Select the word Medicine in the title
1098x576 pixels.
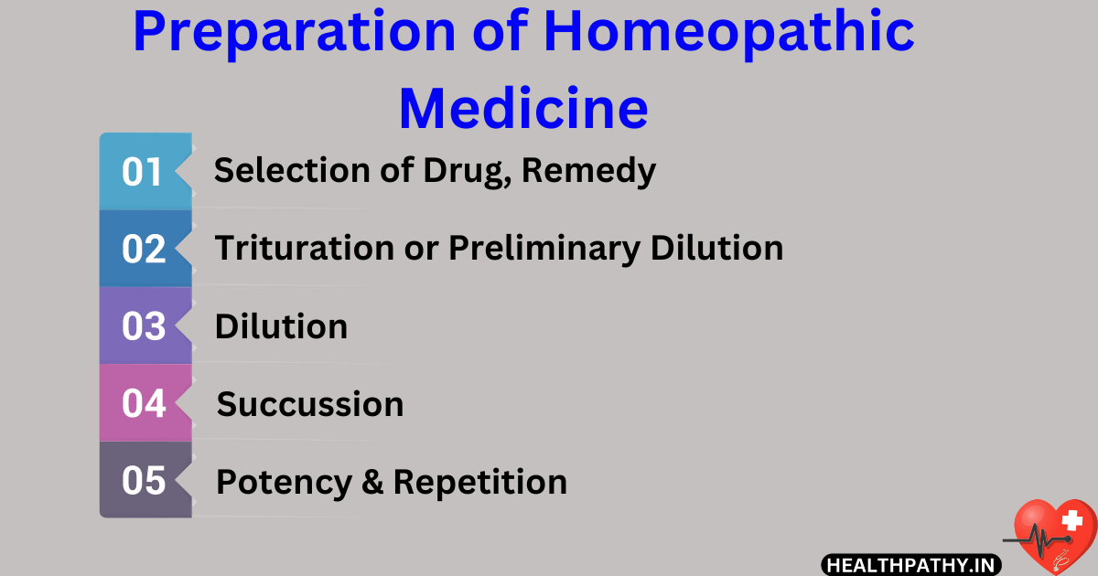pyautogui.click(x=523, y=107)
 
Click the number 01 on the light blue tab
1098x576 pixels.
pyautogui.click(x=142, y=172)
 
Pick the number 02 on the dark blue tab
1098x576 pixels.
pyautogui.click(x=143, y=249)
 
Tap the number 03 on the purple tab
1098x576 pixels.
pyautogui.click(x=143, y=326)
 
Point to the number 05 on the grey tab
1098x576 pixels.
pyautogui.click(x=143, y=481)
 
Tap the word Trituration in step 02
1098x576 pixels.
pyautogui.click(x=301, y=248)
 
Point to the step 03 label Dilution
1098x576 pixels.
pyautogui.click(x=281, y=326)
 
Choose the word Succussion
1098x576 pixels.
pyautogui.click(x=309, y=404)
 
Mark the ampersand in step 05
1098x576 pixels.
pyautogui.click(x=372, y=482)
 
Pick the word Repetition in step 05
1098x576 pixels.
pyautogui.click(x=479, y=482)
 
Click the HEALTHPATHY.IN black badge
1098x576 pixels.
pyautogui.click(x=910, y=565)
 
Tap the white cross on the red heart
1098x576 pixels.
pyautogui.click(x=1070, y=522)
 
